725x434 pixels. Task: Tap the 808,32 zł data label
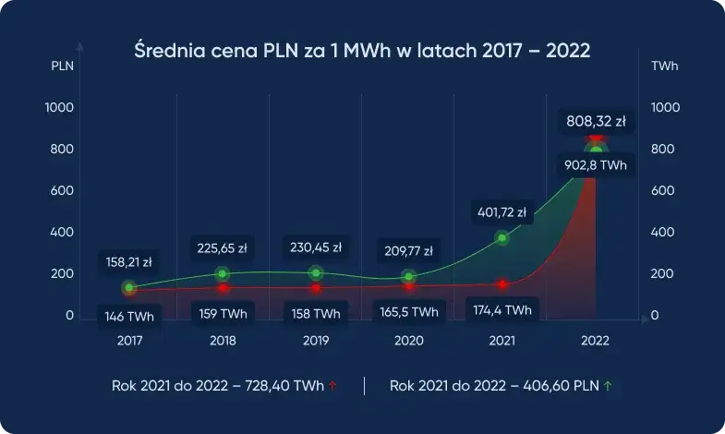(x=597, y=122)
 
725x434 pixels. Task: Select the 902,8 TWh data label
(x=596, y=165)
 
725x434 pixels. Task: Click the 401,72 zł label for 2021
(x=501, y=211)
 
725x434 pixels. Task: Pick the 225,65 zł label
(x=222, y=247)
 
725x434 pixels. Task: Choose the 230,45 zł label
(x=316, y=247)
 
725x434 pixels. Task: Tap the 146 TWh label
(x=129, y=316)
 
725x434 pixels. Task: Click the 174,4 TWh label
(x=501, y=309)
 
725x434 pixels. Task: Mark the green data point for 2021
(x=502, y=238)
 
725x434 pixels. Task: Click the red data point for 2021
(x=502, y=284)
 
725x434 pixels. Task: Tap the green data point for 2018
(x=223, y=273)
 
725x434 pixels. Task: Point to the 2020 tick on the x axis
(x=408, y=341)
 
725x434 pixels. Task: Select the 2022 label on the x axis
(x=595, y=341)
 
